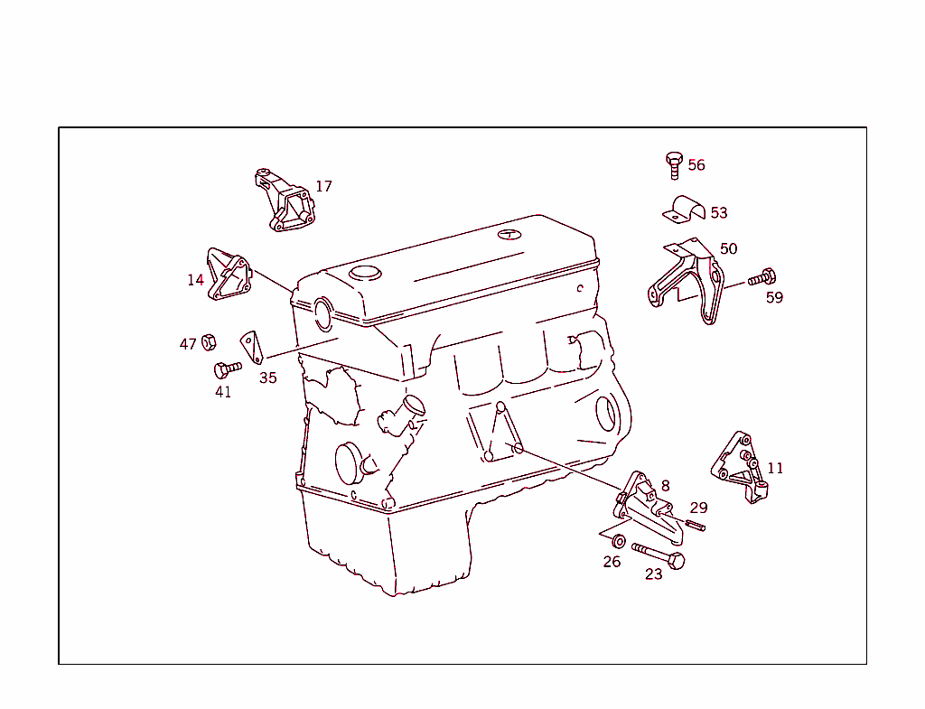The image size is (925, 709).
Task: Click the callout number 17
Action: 323,187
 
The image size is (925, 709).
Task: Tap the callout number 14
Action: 195,280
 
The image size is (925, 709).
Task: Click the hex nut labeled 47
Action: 208,342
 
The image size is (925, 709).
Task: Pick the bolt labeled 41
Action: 226,368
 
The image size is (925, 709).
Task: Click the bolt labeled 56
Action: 673,165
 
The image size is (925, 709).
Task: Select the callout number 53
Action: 719,213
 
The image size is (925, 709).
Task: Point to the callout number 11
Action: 775,469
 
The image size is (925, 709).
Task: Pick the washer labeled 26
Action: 619,541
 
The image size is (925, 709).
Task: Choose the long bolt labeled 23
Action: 659,555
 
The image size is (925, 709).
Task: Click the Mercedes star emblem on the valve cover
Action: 510,235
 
